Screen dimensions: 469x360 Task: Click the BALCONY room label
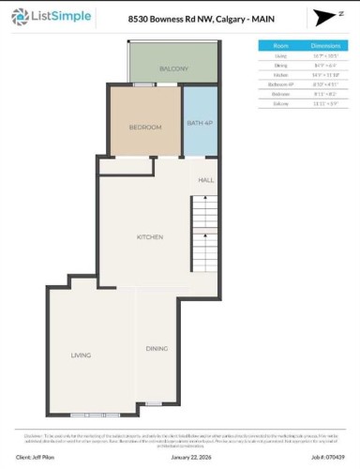coord(173,68)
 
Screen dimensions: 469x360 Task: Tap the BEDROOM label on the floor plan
coord(145,128)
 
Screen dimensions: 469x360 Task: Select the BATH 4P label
coord(200,124)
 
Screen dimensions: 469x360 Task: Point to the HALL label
coord(205,179)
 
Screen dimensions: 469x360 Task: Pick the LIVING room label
coord(82,355)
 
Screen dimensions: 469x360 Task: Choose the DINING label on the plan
coord(157,349)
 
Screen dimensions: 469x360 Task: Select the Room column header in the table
coord(279,45)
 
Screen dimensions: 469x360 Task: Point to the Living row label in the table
coord(279,55)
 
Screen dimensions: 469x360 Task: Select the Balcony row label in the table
coord(279,101)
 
